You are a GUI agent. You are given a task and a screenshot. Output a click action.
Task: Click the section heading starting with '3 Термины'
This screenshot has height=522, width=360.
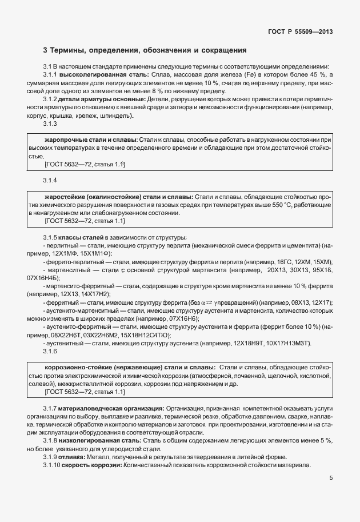(145, 50)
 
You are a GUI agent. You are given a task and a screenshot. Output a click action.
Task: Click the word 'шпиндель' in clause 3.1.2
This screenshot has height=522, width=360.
(118, 115)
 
